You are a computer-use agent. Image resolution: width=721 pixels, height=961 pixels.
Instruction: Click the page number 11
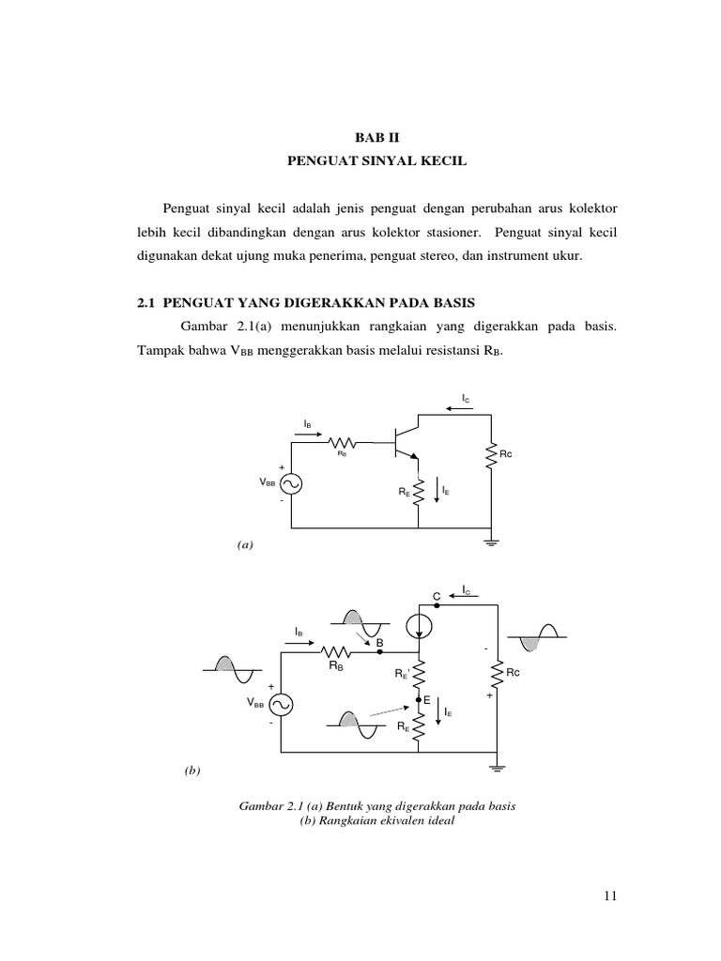point(610,896)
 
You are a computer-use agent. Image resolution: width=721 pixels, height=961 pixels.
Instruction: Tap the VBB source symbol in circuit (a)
point(291,483)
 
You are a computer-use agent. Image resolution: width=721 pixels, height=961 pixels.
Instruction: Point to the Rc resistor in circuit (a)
point(490,456)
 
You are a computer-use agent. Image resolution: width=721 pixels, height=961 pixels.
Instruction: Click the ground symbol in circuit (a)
point(490,542)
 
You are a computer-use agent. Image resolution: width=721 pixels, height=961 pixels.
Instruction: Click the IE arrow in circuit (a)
point(436,489)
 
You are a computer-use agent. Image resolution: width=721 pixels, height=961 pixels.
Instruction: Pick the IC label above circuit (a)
point(465,400)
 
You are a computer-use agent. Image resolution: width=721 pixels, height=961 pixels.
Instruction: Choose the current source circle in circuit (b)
point(419,621)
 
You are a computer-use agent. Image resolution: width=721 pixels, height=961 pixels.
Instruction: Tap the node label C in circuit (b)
point(436,596)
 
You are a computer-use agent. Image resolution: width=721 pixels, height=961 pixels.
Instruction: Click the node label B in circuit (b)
point(379,643)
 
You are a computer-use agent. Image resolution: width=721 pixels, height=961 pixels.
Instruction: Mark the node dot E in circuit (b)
point(419,700)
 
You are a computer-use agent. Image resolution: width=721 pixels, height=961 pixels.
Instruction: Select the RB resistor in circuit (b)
point(335,651)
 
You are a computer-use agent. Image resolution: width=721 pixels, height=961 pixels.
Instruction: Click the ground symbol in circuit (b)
point(497,767)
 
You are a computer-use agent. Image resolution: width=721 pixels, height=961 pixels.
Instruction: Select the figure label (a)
point(246,543)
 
